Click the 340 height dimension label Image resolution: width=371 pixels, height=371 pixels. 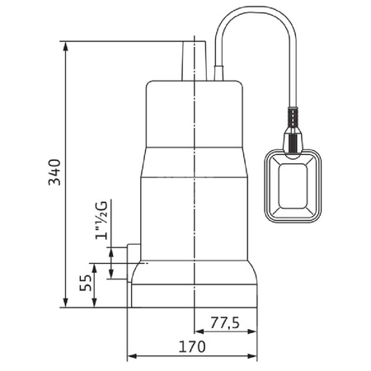53,171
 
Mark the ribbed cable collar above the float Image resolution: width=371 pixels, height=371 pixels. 292,124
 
